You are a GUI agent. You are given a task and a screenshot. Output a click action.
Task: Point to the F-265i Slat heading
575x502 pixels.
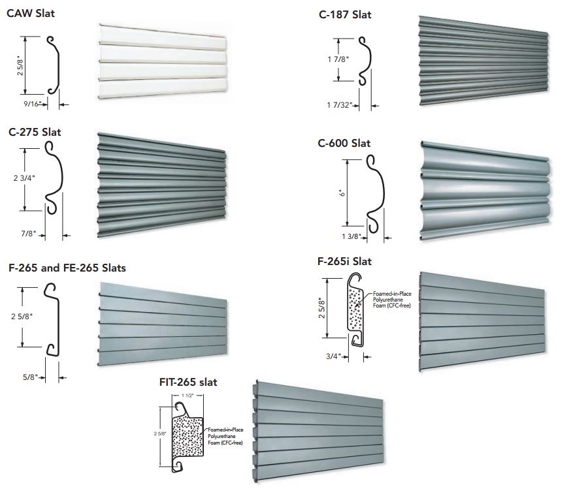(344, 261)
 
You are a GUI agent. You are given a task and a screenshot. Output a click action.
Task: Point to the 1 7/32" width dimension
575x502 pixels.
(339, 104)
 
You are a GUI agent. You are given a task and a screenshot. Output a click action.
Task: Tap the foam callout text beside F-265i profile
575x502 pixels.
(391, 300)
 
